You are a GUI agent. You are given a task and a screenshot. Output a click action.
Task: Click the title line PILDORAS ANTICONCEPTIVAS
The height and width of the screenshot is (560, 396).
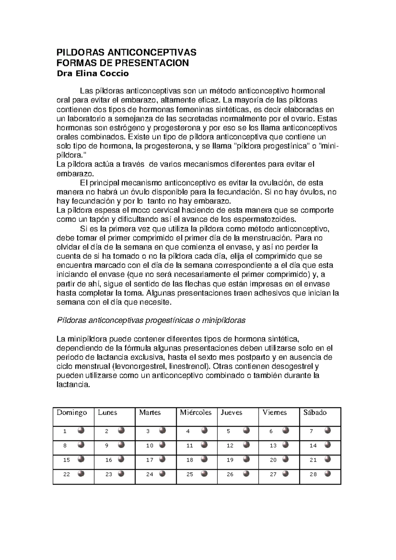(x=127, y=52)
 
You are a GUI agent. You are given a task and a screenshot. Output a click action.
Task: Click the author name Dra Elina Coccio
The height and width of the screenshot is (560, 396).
(x=93, y=74)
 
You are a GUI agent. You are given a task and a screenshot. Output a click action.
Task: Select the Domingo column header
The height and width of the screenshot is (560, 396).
(x=72, y=413)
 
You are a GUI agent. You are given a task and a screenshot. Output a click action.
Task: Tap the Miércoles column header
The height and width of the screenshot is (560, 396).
(x=196, y=413)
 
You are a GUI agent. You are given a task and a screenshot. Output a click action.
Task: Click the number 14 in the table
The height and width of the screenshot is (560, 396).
(x=313, y=446)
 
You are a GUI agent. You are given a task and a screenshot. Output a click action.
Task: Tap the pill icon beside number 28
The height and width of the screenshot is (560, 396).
(x=328, y=474)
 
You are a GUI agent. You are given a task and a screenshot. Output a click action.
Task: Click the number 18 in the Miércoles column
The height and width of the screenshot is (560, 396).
(x=190, y=460)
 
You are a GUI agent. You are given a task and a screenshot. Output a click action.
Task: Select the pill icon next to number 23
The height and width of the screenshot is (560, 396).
(x=121, y=474)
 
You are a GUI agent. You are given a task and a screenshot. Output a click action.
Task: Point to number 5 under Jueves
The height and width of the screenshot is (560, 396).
(x=228, y=431)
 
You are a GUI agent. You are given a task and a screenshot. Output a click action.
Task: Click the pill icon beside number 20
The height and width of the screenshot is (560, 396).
(x=286, y=459)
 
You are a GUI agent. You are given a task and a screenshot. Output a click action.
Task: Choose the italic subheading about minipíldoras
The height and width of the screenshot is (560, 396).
(x=151, y=320)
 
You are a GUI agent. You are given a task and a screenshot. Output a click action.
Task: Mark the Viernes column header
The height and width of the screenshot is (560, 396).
(x=275, y=413)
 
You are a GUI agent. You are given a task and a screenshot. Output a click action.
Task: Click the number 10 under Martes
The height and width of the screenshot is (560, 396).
(x=150, y=446)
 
